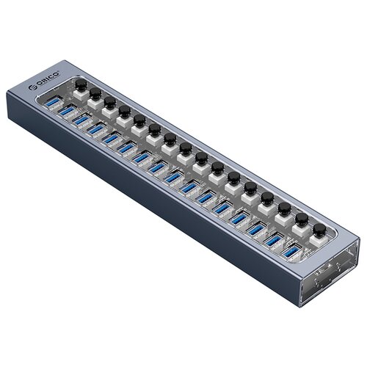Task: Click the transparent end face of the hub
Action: (x=334, y=275)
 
